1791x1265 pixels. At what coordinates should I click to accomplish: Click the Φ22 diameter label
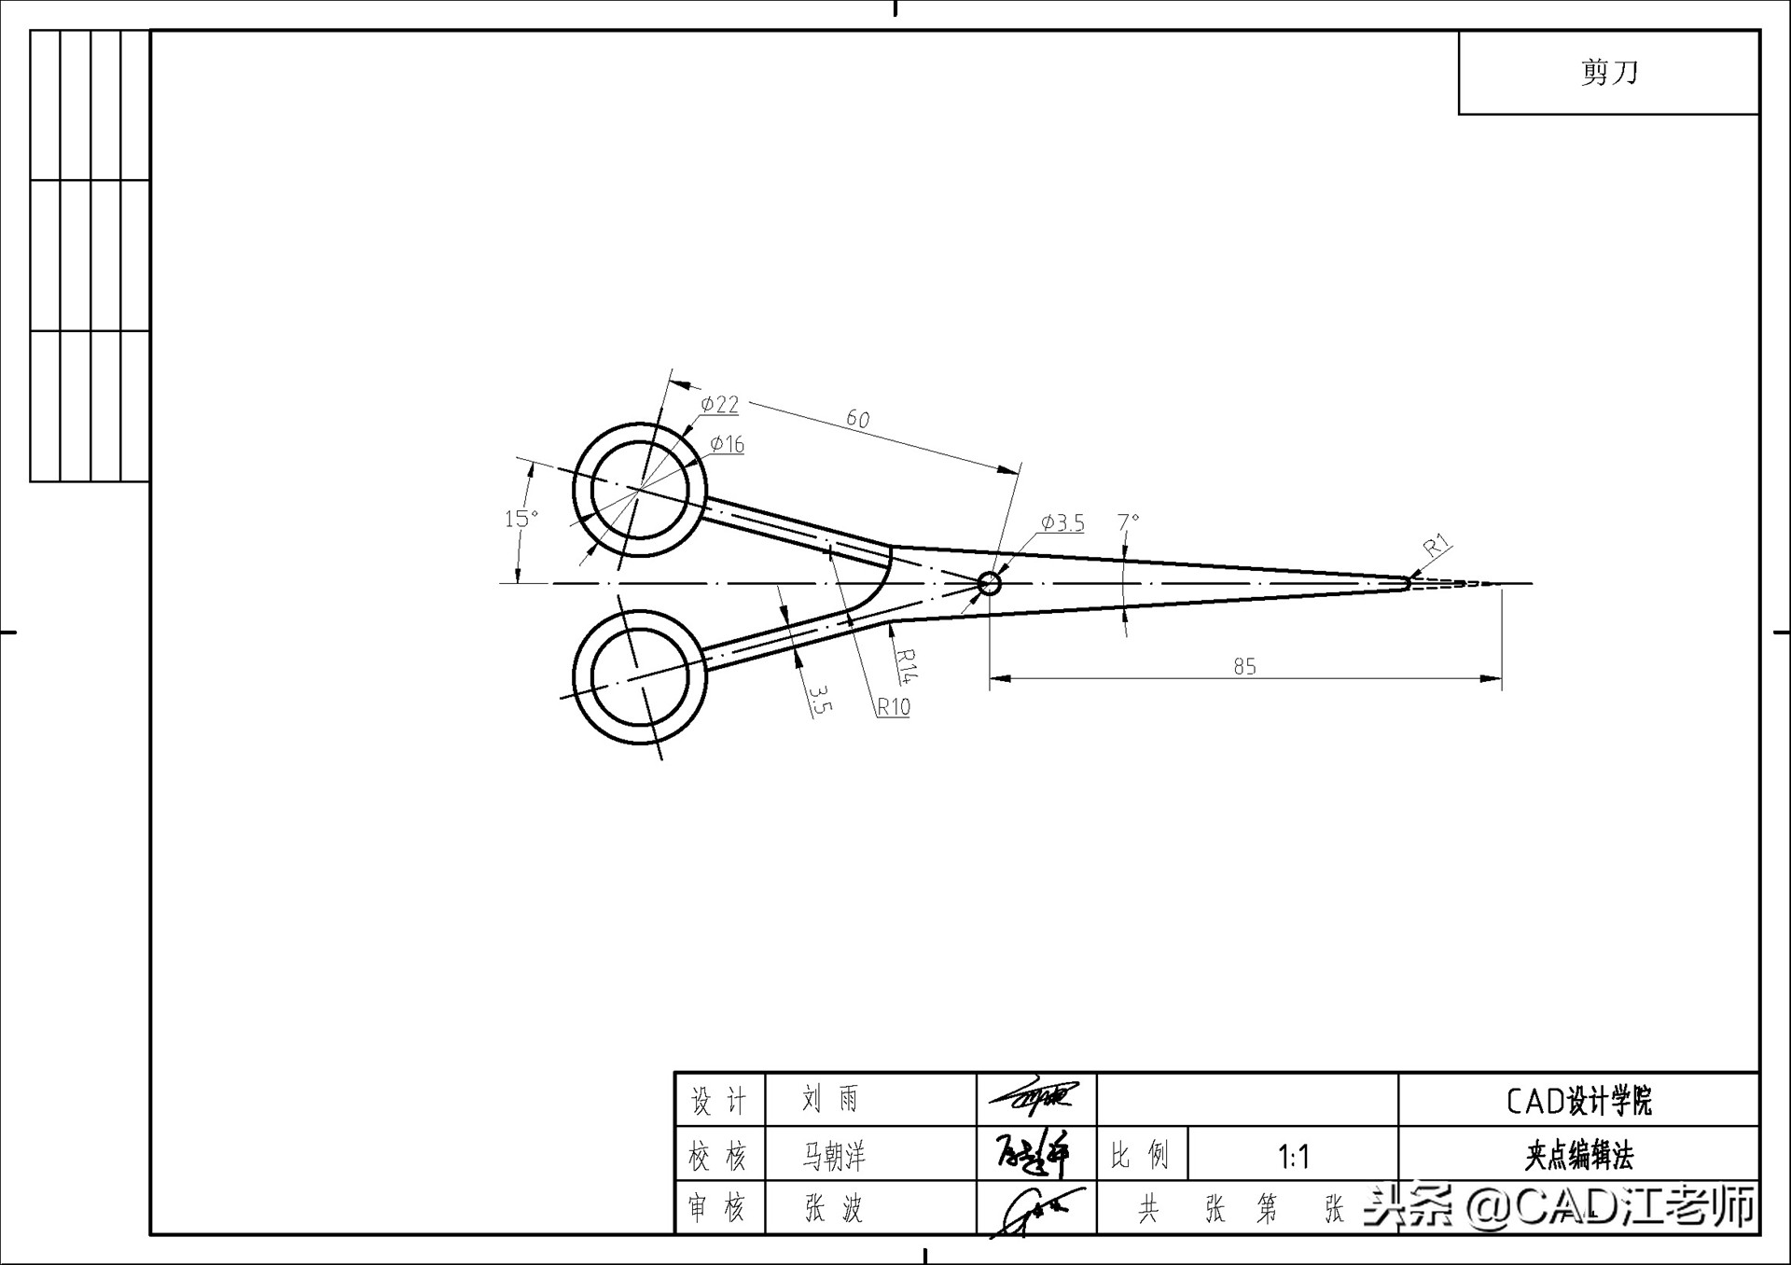click(720, 404)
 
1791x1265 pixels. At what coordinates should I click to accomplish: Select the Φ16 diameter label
click(727, 444)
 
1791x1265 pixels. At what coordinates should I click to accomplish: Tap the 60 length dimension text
click(857, 419)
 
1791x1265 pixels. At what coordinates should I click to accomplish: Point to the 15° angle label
click(521, 518)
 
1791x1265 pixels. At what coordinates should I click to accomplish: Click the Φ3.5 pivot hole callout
click(1062, 523)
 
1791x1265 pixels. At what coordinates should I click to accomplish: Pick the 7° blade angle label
click(1129, 521)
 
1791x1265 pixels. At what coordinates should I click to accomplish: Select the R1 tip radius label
click(1437, 545)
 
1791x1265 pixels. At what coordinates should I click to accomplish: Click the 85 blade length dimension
click(1244, 666)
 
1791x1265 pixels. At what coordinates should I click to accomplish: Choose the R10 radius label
click(893, 707)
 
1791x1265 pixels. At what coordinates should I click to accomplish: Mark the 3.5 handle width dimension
click(818, 699)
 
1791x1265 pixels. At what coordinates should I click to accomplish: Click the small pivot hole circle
click(990, 584)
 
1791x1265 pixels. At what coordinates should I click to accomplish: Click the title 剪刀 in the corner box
click(1609, 72)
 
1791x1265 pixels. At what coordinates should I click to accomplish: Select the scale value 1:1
click(1293, 1157)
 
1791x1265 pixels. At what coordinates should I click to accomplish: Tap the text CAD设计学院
click(1578, 1101)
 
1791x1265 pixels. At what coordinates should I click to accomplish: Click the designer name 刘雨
click(830, 1100)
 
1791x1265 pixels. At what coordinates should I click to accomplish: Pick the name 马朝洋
click(834, 1157)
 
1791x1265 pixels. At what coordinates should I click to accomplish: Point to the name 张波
click(834, 1209)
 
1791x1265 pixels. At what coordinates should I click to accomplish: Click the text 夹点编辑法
click(1578, 1157)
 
